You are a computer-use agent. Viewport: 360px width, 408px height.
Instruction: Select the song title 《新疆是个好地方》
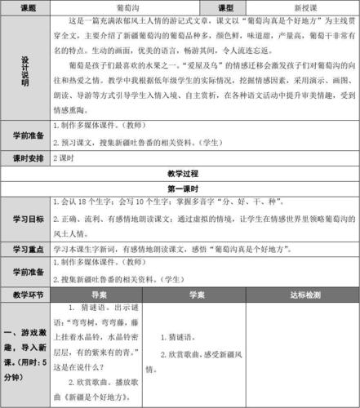coord(94,397)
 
